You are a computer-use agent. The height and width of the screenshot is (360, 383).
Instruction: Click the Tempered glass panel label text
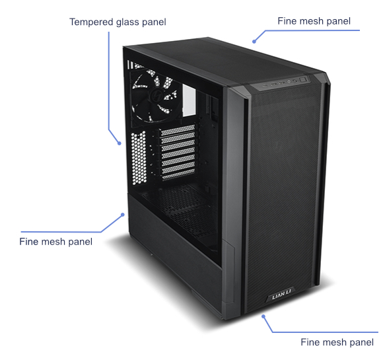point(118,22)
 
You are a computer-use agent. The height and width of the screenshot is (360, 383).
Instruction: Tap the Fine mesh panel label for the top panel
point(314,21)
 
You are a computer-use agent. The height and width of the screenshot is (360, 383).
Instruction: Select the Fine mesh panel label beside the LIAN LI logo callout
point(337,342)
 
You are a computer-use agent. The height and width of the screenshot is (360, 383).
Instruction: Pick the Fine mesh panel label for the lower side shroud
point(55,242)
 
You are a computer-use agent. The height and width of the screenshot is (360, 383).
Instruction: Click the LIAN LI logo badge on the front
point(281,297)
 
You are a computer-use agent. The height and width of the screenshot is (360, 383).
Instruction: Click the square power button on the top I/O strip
point(302,80)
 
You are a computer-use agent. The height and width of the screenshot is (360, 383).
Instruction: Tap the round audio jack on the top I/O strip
point(289,82)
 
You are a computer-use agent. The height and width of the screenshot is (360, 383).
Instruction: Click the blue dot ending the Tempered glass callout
point(120,143)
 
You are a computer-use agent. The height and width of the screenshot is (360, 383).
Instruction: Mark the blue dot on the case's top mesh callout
point(254,42)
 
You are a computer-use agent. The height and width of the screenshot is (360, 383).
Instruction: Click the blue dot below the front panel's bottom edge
point(263,316)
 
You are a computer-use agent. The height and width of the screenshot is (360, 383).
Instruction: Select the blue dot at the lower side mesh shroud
point(123,215)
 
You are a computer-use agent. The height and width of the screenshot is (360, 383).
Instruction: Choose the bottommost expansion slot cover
point(179,174)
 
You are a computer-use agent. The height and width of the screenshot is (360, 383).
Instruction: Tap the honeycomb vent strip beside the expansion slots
point(139,158)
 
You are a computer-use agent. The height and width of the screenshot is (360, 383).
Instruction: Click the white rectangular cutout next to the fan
point(189,100)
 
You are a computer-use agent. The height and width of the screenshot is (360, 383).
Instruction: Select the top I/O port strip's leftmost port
point(265,86)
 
